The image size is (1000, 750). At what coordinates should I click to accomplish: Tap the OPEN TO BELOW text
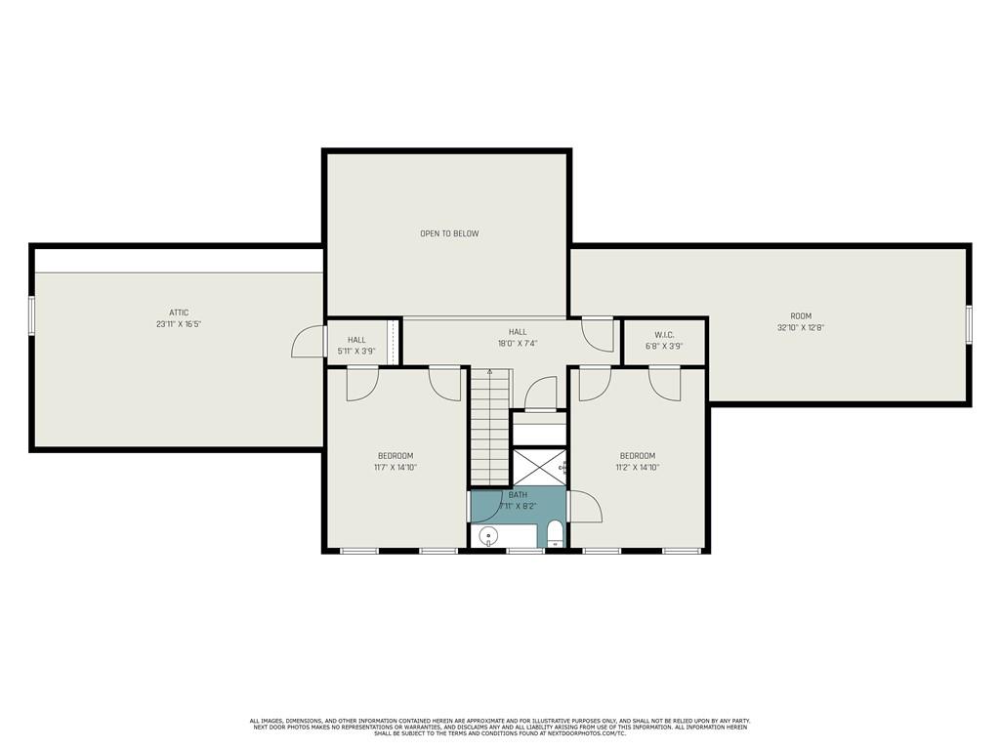point(449,233)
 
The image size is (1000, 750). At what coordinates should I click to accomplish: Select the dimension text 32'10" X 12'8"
point(801,328)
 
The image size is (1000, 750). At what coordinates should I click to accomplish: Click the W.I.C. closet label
point(664,335)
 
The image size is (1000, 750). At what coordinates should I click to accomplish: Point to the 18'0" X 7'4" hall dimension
point(517,344)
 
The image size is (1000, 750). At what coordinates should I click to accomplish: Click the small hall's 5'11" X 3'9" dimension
point(356,351)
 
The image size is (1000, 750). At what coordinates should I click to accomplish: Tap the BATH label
point(517,495)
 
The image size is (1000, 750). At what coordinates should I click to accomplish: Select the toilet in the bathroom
point(555,534)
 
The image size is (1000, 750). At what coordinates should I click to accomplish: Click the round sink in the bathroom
point(488,535)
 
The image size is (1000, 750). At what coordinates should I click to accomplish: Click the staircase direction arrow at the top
point(489,373)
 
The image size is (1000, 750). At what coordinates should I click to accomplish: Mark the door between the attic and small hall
point(311,343)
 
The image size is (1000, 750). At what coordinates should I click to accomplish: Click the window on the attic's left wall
point(31,315)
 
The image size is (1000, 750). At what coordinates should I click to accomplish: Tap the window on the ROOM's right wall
point(969,324)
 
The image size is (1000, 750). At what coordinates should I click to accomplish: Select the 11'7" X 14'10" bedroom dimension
point(396,468)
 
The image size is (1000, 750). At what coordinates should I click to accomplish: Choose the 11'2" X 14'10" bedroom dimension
point(637,468)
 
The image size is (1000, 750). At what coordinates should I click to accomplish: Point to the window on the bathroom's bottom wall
point(525,551)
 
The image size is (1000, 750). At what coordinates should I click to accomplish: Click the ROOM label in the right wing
point(801,315)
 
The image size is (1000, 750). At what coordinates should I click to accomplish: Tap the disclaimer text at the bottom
point(500,727)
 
